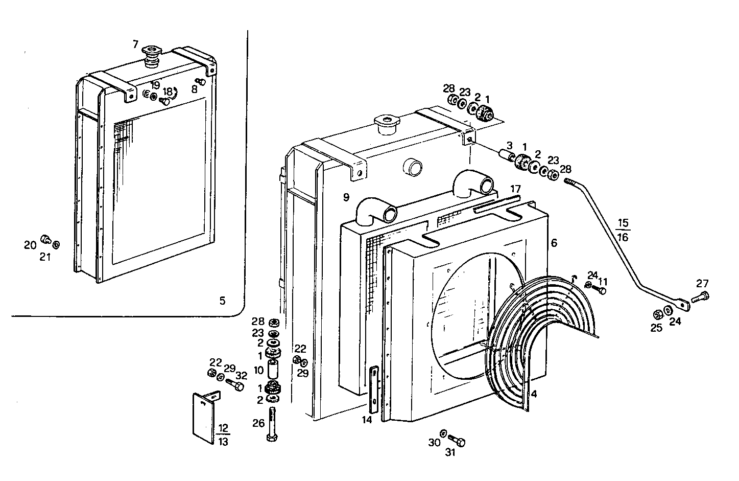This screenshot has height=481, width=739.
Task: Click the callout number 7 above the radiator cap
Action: point(135,44)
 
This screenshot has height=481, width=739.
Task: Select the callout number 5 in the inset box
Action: point(222,301)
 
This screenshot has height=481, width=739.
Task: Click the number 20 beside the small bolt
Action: point(30,245)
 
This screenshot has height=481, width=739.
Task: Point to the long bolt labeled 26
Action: point(272,424)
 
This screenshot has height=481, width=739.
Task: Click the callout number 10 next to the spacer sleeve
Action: point(258,370)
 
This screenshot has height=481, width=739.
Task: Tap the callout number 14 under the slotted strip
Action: point(367,420)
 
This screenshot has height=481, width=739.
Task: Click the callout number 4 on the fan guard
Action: point(534,394)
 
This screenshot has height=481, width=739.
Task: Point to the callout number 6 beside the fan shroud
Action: point(554,243)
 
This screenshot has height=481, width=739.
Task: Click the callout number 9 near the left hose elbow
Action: point(346,196)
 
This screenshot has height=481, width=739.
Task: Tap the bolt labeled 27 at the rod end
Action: point(699,296)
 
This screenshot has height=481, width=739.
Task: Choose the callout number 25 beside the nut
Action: point(656,328)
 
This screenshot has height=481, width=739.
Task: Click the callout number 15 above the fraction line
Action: point(623,223)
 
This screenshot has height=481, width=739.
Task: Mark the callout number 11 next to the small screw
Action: point(603,281)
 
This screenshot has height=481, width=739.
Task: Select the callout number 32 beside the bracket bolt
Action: point(241,375)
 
